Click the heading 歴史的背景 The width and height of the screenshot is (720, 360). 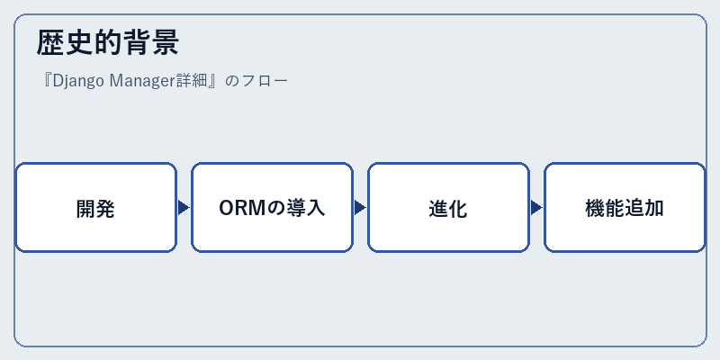pyautogui.click(x=107, y=42)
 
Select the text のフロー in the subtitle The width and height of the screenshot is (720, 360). pyautogui.click(x=257, y=81)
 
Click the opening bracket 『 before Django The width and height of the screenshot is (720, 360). pyautogui.click(x=46, y=81)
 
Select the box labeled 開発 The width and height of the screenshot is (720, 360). pyautogui.click(x=96, y=208)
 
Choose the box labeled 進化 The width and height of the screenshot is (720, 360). pyautogui.click(x=448, y=208)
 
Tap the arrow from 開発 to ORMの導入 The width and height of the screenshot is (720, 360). pyautogui.click(x=184, y=208)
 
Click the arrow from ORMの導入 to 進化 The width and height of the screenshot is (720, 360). pyautogui.click(x=360, y=208)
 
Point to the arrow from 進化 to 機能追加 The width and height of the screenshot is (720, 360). pyautogui.click(x=536, y=208)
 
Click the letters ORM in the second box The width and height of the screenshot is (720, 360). pyautogui.click(x=242, y=209)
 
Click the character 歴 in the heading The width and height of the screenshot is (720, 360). pyautogui.click(x=50, y=42)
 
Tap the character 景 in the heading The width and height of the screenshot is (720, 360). pyautogui.click(x=165, y=42)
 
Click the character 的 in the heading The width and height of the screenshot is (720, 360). pyautogui.click(x=107, y=42)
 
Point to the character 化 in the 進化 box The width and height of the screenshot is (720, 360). pyautogui.click(x=458, y=209)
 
